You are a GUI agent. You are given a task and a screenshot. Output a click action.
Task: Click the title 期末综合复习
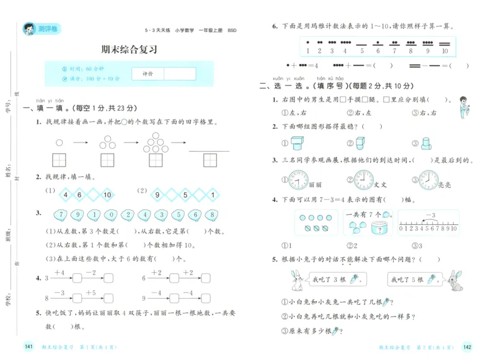point(128,50)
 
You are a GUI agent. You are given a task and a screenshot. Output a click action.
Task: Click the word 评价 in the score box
point(148,74)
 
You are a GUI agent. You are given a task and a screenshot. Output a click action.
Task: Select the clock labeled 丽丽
point(298,180)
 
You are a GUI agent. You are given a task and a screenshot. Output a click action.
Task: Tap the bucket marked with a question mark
point(378,227)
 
